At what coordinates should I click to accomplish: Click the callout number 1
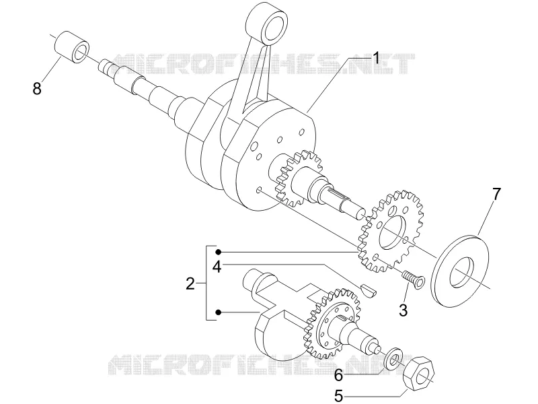[376, 59]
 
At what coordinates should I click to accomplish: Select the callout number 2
[190, 283]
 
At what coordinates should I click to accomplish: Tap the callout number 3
[403, 310]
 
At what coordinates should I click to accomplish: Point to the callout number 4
[217, 267]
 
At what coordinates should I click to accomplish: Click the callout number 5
[339, 396]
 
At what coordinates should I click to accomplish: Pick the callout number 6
[339, 376]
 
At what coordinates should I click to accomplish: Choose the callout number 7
[496, 194]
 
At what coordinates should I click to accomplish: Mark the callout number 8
[37, 88]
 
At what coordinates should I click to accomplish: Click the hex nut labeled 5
[418, 374]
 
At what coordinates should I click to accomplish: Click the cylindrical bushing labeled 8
[73, 47]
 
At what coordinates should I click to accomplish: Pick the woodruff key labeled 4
[369, 290]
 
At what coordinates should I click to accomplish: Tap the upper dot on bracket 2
[218, 252]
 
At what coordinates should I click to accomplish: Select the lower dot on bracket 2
[218, 312]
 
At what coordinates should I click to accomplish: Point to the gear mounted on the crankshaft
[299, 178]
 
